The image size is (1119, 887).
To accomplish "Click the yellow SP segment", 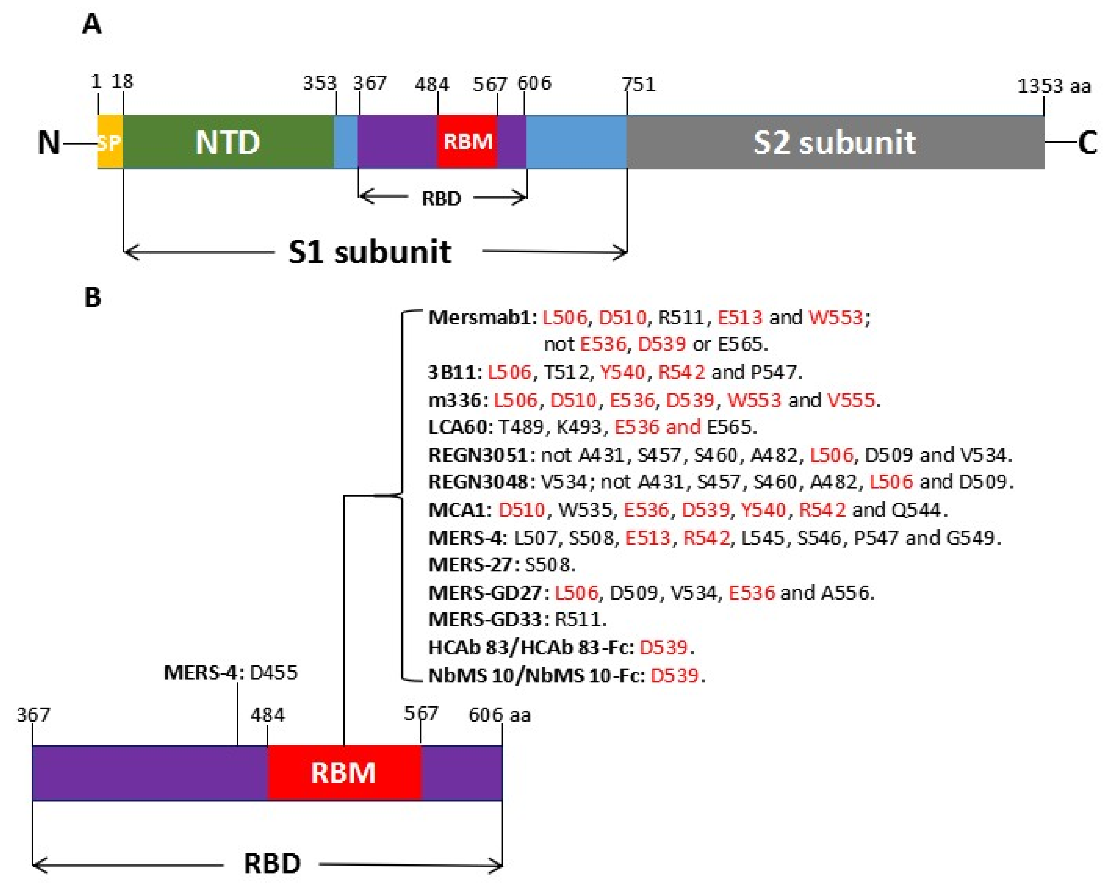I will tap(109, 142).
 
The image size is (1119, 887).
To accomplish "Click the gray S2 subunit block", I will tap(834, 142).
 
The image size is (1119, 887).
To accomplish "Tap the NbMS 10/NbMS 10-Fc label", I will tap(536, 675).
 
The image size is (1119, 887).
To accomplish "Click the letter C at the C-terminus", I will tap(1087, 142).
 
